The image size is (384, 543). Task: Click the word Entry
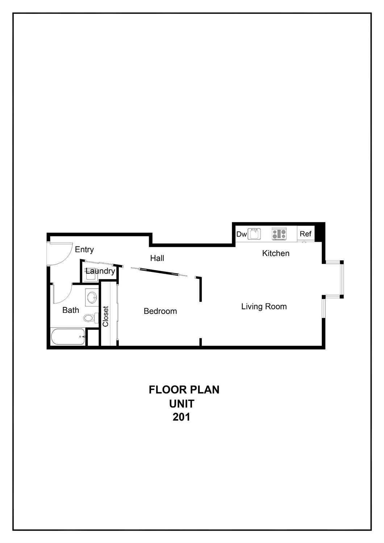tap(84, 249)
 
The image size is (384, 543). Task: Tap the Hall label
tap(157, 258)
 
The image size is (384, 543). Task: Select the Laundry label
tap(100, 271)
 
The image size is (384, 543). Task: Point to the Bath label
tap(71, 310)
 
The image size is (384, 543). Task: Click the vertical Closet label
tap(106, 316)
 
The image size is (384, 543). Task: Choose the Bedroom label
tap(160, 311)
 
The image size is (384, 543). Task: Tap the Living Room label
tap(264, 307)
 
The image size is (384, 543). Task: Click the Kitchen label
tap(276, 253)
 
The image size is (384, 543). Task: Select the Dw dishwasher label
tap(241, 234)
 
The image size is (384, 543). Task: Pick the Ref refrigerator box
tap(305, 234)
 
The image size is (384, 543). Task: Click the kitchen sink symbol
tap(254, 234)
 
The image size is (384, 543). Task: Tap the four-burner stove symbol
tap(279, 234)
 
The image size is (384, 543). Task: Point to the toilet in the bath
tap(90, 318)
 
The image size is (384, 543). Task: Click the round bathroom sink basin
tap(92, 298)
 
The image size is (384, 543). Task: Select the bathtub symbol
tap(68, 337)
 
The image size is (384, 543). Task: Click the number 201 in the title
tap(181, 417)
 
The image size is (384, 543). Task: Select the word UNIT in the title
tap(182, 403)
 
